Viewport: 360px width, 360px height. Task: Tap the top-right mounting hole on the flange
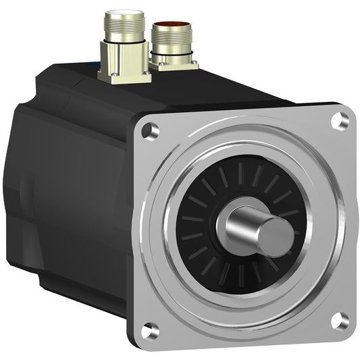coord(339,120)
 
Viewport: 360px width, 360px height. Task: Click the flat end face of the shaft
coord(276,236)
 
